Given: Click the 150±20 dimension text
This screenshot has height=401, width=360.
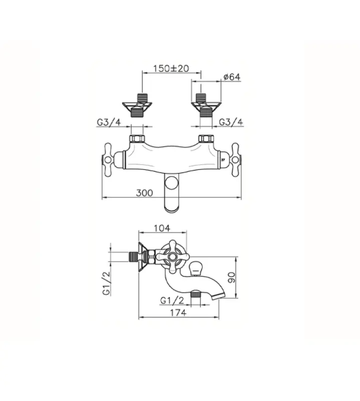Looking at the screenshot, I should click(x=171, y=68).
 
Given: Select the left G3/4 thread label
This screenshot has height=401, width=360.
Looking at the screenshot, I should click(x=108, y=122).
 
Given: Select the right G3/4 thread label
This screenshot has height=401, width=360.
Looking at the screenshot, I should click(x=232, y=122).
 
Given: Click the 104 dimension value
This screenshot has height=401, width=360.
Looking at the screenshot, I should click(x=161, y=228).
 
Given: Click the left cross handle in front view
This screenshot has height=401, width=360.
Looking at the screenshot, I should click(x=109, y=159).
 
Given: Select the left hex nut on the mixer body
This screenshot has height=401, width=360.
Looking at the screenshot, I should click(x=136, y=139).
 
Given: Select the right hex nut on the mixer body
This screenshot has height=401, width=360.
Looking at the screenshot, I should click(x=206, y=139).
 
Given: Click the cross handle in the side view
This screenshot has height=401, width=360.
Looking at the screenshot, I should click(x=172, y=258).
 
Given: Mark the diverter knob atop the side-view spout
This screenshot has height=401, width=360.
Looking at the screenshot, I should click(x=196, y=266).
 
